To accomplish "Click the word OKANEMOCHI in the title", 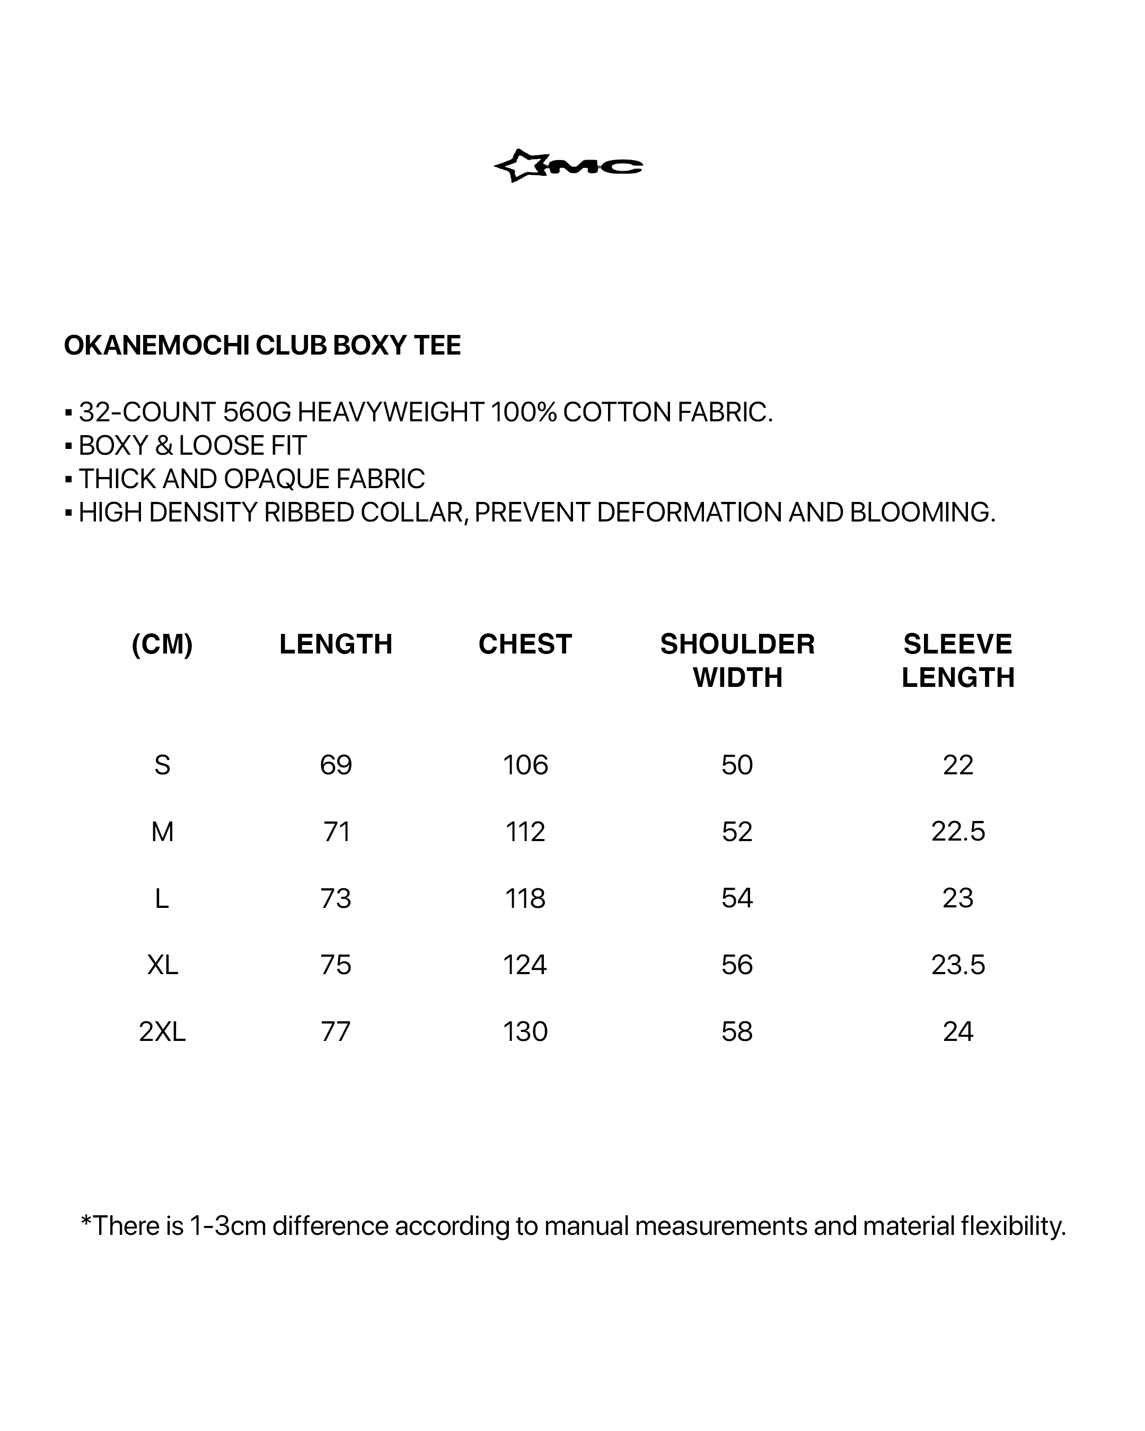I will click(x=157, y=346).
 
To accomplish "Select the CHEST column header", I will click(x=525, y=644).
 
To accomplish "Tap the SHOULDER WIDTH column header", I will click(x=737, y=660).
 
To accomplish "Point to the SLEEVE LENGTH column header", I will click(x=958, y=660).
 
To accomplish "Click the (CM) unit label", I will click(x=162, y=644).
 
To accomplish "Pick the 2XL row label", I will click(x=162, y=1031).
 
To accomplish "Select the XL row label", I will click(x=163, y=965).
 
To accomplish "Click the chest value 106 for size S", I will click(x=525, y=765).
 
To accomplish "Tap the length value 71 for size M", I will click(x=337, y=832).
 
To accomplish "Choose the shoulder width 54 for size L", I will click(x=737, y=898).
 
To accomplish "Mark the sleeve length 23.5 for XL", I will click(x=958, y=965).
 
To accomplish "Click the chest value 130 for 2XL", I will click(x=525, y=1031).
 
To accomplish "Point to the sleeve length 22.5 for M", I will click(x=958, y=832).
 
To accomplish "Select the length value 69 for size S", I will click(x=336, y=765).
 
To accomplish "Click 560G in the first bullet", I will click(x=257, y=412).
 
